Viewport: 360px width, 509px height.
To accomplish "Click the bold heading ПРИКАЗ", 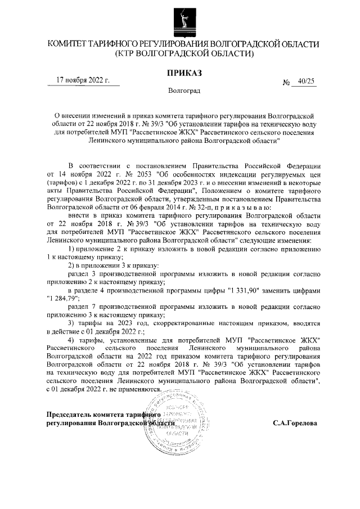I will (183, 73).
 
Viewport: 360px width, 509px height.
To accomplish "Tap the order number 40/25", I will (307, 82).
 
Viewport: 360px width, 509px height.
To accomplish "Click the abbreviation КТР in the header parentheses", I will (125, 54).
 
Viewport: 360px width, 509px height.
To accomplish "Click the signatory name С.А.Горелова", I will (295, 422).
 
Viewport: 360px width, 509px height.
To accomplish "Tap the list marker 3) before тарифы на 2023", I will (71, 323).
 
